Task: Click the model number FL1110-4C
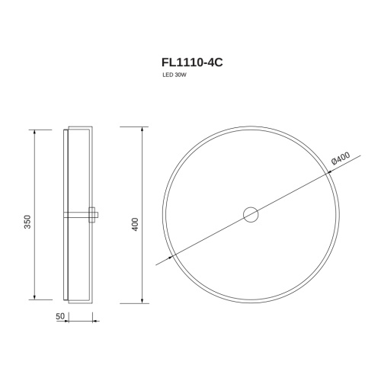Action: (x=192, y=62)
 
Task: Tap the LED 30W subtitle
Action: (x=174, y=75)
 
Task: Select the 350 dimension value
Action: (x=27, y=222)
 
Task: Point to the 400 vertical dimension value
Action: (x=136, y=224)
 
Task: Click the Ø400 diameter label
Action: (x=341, y=158)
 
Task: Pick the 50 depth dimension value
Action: (x=60, y=316)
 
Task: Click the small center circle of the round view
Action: (x=251, y=215)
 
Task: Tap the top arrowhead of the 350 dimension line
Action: (x=34, y=132)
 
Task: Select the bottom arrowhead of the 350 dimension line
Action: (x=34, y=297)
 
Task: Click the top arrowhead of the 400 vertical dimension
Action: (x=142, y=129)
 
